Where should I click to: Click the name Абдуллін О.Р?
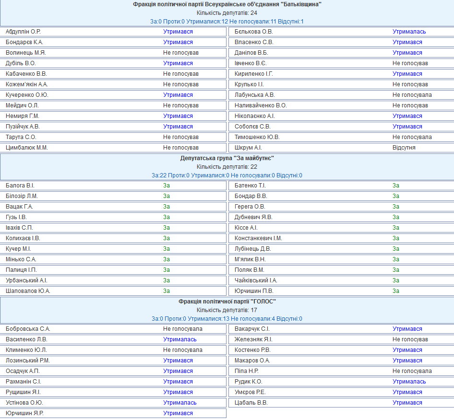pyautogui.click(x=23, y=32)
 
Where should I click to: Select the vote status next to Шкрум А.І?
pyautogui.click(x=404, y=148)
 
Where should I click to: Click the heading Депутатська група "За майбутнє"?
pyautogui.click(x=227, y=158)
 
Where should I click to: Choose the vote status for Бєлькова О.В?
pyautogui.click(x=409, y=32)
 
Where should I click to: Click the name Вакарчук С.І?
pyautogui.click(x=252, y=329)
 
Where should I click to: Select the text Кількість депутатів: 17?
pyautogui.click(x=227, y=310)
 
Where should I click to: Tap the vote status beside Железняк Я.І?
pyautogui.click(x=410, y=339)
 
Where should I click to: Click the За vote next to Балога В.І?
pyautogui.click(x=167, y=186)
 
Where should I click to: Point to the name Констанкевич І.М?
pyautogui.click(x=258, y=238)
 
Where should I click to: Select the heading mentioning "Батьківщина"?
pyautogui.click(x=227, y=4)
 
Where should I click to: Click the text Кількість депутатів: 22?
pyautogui.click(x=227, y=167)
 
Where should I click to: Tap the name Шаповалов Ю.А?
pyautogui.click(x=28, y=291)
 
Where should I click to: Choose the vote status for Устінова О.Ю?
pyautogui.click(x=179, y=403)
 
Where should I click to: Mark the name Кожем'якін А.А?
pyautogui.click(x=27, y=84)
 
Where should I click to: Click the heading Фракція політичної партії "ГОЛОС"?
pyautogui.click(x=227, y=302)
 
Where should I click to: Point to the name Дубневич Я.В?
pyautogui.click(x=253, y=217)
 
